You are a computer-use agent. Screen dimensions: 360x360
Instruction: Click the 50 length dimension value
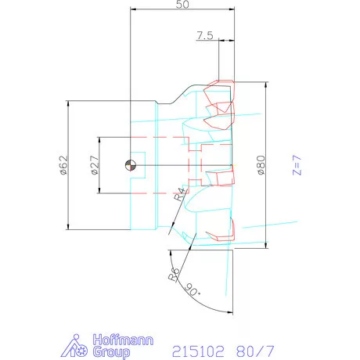coord(182,4)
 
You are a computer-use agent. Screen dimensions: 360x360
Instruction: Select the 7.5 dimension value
coord(205,35)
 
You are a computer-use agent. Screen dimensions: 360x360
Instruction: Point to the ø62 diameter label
coord(64,165)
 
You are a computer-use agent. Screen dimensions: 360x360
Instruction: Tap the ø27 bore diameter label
coord(95,165)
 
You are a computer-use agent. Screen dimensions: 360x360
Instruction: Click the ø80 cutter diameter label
coord(261,165)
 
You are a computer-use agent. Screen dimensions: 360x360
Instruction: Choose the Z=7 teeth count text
coord(297,165)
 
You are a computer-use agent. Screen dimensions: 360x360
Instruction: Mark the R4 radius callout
coord(181,194)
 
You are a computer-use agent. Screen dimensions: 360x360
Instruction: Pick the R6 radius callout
coord(174,275)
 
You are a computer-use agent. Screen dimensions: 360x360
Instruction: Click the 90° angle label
coord(193,290)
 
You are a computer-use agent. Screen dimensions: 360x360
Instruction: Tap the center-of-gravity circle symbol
coord(131,165)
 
